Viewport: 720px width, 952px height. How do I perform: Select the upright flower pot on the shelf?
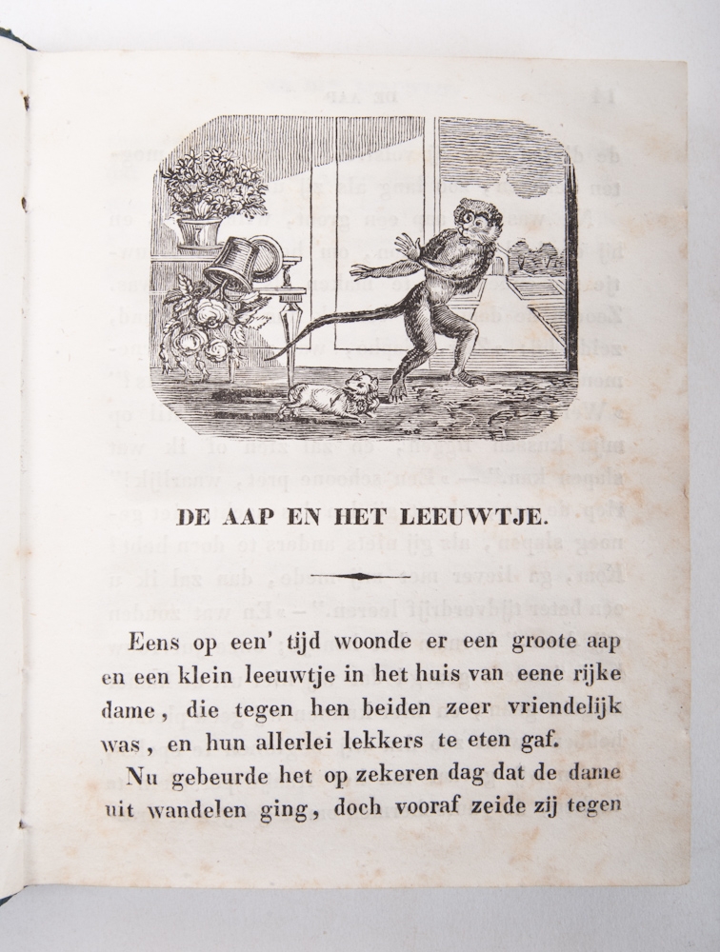click(200, 232)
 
